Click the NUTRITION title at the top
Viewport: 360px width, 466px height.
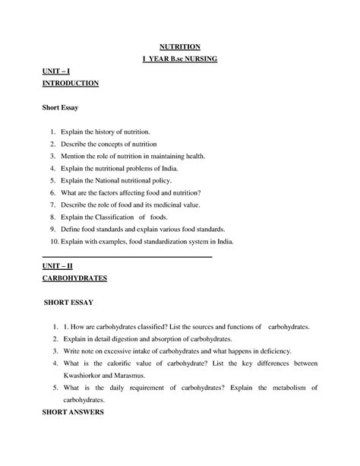point(180,47)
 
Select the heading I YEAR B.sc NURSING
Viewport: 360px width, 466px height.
point(180,59)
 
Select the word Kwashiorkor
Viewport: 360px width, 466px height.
point(93,376)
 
